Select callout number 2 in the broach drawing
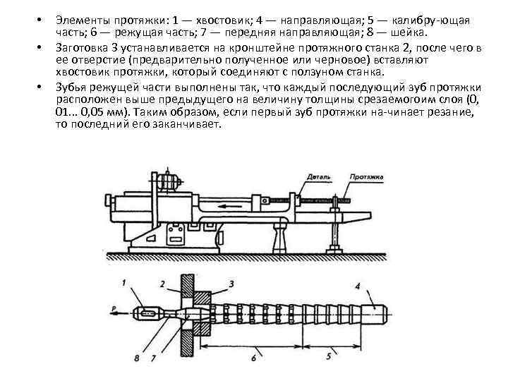tap(163, 284)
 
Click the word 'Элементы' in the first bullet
tap(80, 19)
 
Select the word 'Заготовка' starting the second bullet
tap(83, 47)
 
